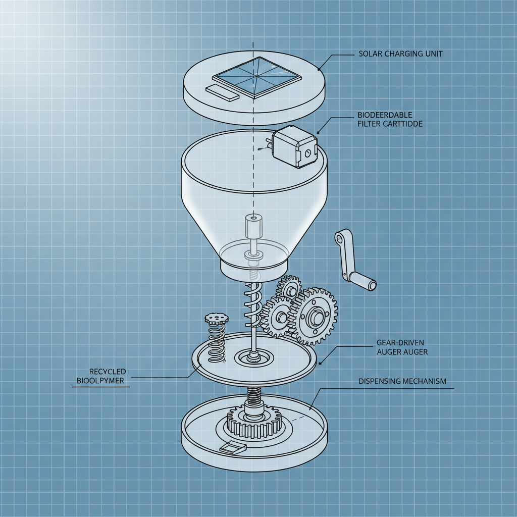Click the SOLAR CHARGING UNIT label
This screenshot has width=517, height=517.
[x=400, y=54]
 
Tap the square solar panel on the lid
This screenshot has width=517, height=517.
[x=257, y=77]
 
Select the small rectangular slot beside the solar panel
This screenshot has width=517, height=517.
[x=222, y=92]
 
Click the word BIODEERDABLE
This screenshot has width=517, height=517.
[x=385, y=115]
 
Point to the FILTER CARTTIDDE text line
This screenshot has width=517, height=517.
[x=390, y=124]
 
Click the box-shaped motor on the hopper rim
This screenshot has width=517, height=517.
[x=294, y=146]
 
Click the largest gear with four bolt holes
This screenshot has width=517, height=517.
[x=315, y=316]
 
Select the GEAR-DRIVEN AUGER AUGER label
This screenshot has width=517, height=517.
[x=402, y=347]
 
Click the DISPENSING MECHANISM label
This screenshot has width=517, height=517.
[x=402, y=381]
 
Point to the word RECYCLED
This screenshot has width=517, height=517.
[x=108, y=372]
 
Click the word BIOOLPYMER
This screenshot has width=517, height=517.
[x=100, y=381]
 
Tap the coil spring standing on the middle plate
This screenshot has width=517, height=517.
[x=217, y=343]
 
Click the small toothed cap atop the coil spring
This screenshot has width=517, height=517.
[x=216, y=319]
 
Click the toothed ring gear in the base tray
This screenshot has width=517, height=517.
[x=254, y=422]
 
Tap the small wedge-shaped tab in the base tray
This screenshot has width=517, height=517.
[x=233, y=447]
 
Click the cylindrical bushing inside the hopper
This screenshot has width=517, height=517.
[x=253, y=226]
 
